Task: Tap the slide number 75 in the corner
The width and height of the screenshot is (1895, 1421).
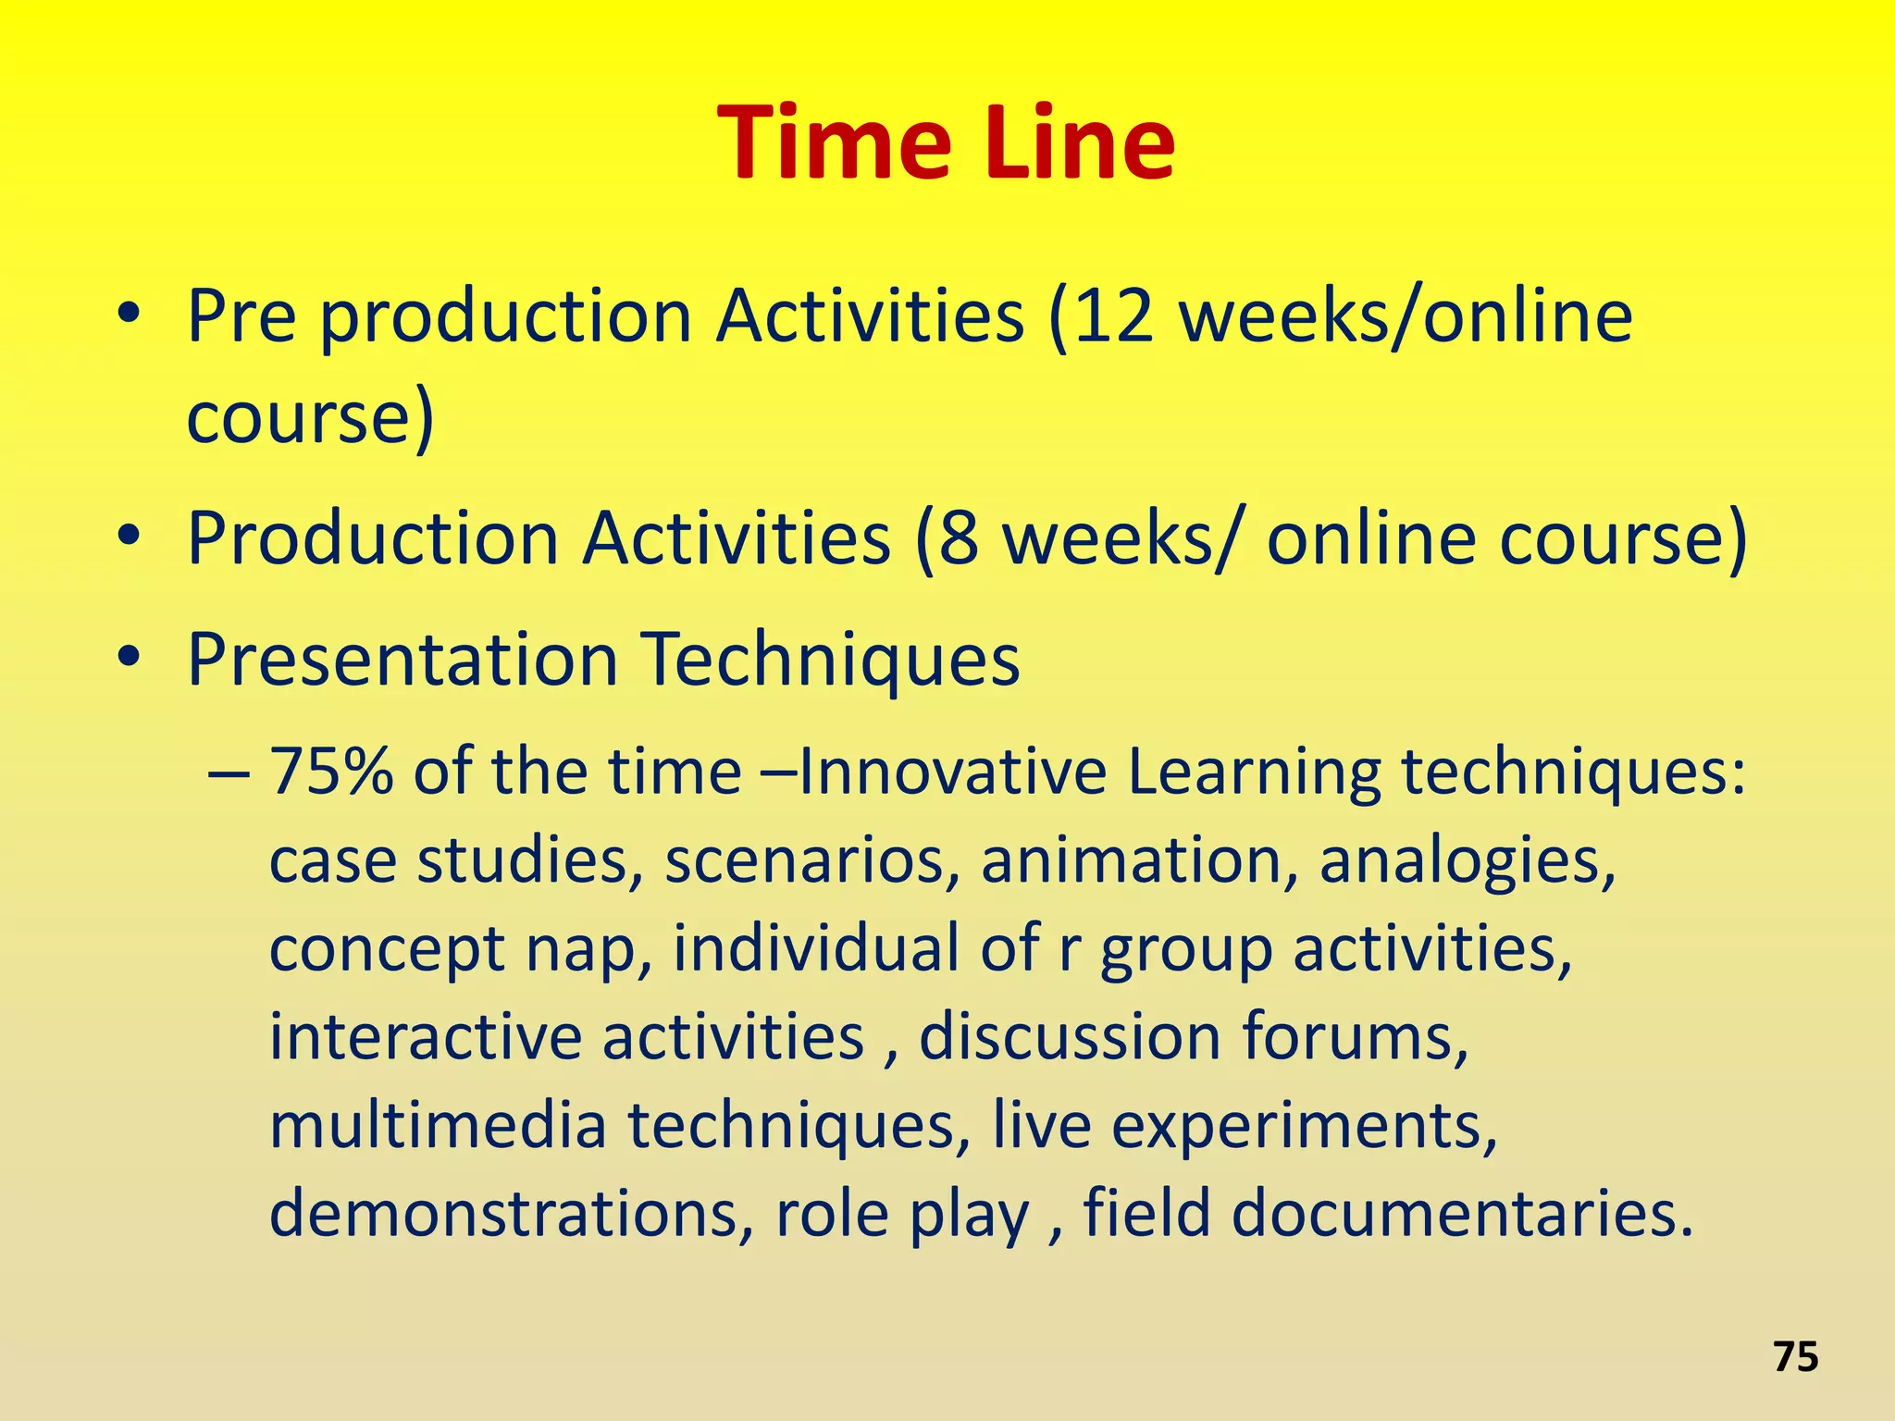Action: coord(1796,1357)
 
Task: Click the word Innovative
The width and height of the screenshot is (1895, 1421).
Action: coord(952,772)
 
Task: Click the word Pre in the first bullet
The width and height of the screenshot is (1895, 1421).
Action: coord(242,316)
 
